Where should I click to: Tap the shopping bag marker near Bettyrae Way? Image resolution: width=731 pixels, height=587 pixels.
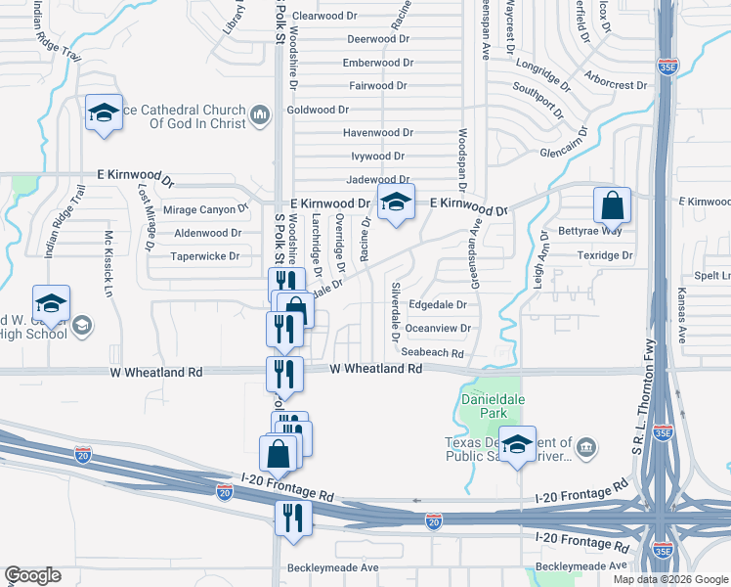[x=612, y=205]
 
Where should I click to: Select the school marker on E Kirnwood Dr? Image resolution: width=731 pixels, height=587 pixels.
[x=395, y=203]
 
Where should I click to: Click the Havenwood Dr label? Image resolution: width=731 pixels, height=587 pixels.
[x=378, y=132]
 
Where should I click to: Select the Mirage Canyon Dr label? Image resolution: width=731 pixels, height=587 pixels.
[x=205, y=209]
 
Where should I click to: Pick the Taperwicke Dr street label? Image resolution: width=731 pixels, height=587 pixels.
[x=205, y=256]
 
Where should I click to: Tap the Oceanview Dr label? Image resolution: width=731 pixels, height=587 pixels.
[x=438, y=329]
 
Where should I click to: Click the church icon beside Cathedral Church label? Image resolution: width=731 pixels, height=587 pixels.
[x=260, y=116]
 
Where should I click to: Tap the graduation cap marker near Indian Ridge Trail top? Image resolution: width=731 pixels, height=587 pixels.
[x=103, y=113]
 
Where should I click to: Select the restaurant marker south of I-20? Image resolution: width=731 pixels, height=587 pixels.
[x=292, y=518]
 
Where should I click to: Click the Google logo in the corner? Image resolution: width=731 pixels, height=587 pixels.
[x=32, y=576]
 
